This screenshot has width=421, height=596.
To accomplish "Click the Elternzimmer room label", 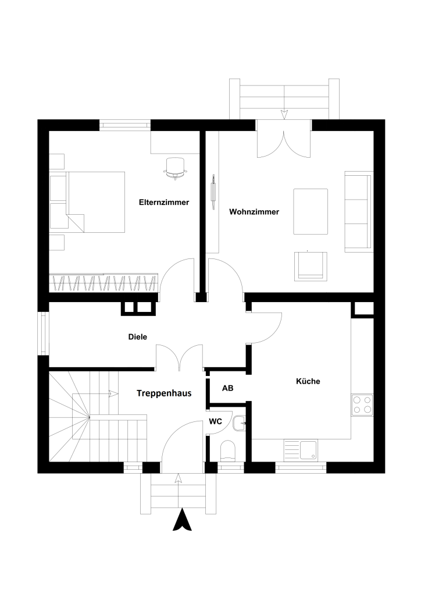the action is (164, 203).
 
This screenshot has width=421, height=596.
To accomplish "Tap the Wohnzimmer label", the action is (254, 212).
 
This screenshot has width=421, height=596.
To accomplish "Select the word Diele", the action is (138, 336).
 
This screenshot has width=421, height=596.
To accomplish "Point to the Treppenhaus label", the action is (164, 393).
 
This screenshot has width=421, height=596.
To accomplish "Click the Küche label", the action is (308, 382).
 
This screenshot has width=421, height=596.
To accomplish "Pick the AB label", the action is (228, 388).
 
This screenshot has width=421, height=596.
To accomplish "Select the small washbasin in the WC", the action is (239, 423).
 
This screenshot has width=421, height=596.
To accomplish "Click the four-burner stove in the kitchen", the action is (362, 405).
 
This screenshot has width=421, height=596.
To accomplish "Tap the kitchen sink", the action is (301, 449).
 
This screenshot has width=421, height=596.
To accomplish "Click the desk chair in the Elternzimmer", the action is (176, 166).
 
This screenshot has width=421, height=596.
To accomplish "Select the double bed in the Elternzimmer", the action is (96, 201).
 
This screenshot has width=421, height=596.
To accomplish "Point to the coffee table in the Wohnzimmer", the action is (311, 211).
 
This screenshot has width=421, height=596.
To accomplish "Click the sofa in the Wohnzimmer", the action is (358, 211).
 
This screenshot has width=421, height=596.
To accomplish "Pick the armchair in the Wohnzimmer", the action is (311, 265).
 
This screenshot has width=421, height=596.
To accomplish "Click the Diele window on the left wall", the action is (43, 334).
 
